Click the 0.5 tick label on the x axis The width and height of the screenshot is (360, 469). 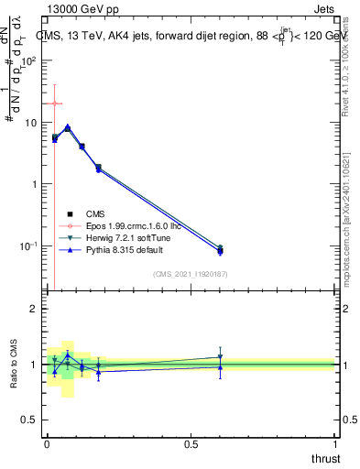click(191, 442)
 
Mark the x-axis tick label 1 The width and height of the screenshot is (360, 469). click(335, 442)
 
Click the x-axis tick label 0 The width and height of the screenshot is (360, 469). click(47, 442)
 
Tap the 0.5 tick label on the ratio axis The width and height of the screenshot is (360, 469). click(29, 420)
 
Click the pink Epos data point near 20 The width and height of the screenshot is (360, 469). click(55, 104)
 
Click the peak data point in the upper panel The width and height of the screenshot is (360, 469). click(67, 128)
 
